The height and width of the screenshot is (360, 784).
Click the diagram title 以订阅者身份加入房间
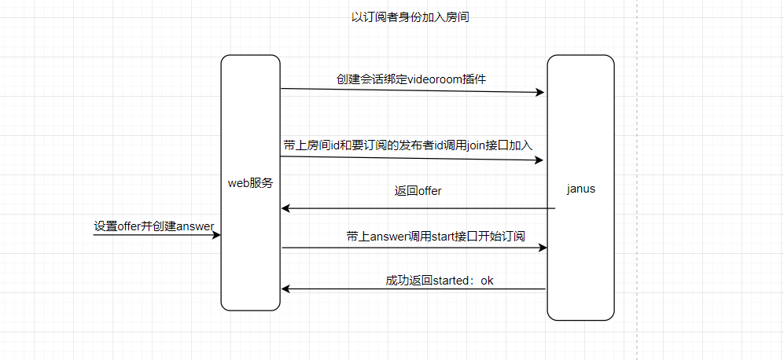tap(410, 17)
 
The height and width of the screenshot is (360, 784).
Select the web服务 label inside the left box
tap(250, 183)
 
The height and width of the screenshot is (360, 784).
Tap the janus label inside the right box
tap(580, 189)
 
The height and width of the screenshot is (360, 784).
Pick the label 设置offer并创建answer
tap(154, 226)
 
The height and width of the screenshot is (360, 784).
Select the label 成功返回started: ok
tap(439, 280)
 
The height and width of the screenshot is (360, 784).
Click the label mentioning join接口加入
tap(408, 145)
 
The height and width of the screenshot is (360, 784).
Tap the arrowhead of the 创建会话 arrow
tap(540, 93)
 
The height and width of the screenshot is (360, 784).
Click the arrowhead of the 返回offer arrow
tap(287, 208)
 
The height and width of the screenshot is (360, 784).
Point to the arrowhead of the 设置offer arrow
tap(216, 235)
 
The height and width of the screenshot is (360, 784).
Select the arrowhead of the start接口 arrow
tap(542, 248)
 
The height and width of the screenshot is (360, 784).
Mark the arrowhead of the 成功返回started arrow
tap(287, 289)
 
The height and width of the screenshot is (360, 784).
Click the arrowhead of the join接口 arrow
tap(539, 160)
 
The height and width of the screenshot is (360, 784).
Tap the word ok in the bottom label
tap(487, 280)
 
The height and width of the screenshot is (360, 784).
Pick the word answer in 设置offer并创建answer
tap(195, 226)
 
